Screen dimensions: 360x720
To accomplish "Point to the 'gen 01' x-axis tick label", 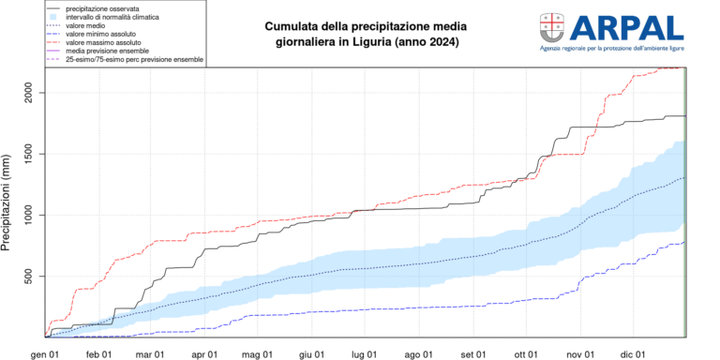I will coord(45,353).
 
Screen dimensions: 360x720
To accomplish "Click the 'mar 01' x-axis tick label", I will coord(151,353).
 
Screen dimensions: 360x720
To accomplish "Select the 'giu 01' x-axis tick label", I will coord(312,353).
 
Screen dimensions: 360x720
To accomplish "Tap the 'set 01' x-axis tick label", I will coord(473,353).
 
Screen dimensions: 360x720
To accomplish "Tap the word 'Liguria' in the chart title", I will coord(382,44).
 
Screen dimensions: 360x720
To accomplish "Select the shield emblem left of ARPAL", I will coord(552,26).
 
